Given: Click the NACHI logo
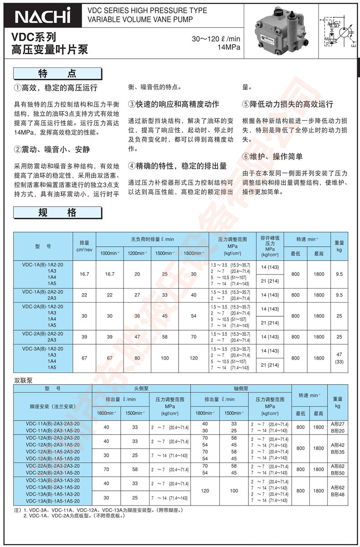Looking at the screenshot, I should point(43,16).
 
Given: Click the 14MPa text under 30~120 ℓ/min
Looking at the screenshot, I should point(229,47).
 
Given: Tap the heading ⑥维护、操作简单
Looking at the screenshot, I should point(273,157).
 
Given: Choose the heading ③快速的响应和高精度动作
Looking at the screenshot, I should point(173,104).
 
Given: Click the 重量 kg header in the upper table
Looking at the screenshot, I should point(339,246).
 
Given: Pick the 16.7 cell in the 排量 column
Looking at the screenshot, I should point(84,274).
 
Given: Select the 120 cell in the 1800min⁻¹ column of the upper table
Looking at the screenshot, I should point(194,358).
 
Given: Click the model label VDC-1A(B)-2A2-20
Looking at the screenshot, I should point(43,292).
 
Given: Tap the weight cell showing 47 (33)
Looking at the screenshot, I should point(339,358).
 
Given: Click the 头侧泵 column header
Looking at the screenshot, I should point(141,389).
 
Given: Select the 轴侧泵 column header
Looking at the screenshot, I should point(240,389).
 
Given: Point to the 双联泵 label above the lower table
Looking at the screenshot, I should point(23,380).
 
